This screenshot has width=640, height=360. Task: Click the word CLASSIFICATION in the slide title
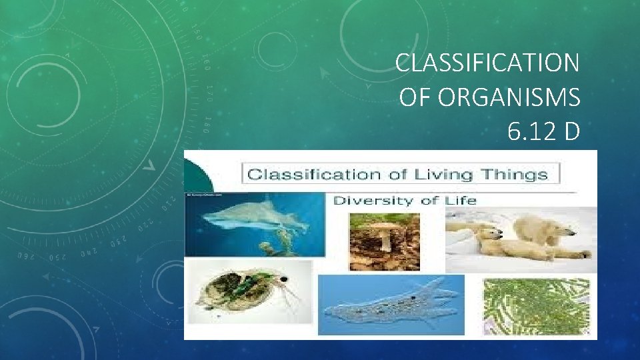[487, 63]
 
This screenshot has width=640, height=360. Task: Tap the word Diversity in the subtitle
[369, 200]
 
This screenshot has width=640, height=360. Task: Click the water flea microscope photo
[248, 300]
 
